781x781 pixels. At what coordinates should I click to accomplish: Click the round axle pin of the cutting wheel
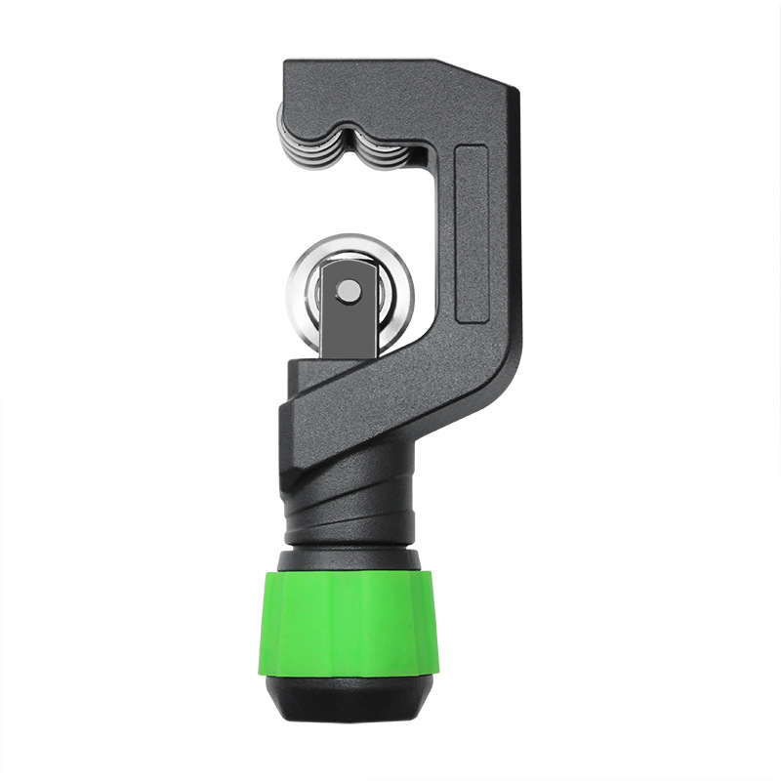tap(348, 288)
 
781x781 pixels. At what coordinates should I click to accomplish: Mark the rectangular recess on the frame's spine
tap(473, 234)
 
